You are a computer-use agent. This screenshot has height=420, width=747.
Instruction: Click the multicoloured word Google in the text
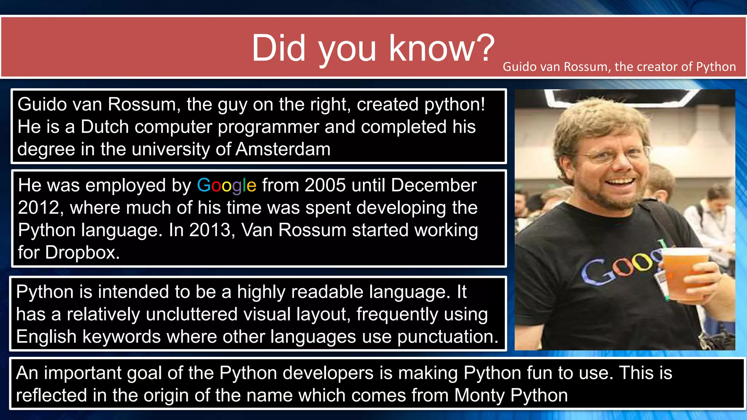point(227,185)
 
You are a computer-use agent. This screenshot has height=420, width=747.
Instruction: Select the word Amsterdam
point(283,149)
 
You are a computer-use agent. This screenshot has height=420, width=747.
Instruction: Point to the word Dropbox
point(82,252)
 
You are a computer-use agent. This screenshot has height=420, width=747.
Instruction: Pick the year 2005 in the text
point(325,185)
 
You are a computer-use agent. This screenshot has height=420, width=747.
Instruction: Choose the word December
point(434,185)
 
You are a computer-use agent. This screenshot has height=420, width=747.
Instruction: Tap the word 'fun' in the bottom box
point(537,373)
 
